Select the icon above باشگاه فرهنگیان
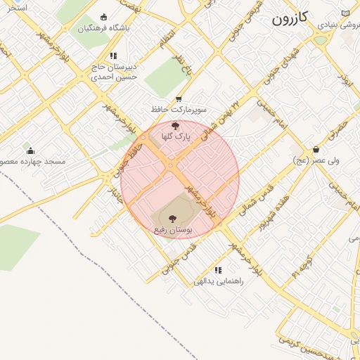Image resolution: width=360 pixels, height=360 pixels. (105, 17)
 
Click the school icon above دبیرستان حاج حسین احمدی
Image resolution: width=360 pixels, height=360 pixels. (112, 56)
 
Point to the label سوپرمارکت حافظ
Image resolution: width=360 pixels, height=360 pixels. (182, 110)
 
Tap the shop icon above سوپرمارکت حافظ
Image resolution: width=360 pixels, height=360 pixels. (179, 99)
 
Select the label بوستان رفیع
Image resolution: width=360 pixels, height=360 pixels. (173, 230)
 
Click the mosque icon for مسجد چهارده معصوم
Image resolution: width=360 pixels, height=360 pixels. (30, 150)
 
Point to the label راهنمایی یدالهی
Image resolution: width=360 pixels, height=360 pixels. (219, 281)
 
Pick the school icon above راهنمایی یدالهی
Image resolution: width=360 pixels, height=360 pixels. (219, 270)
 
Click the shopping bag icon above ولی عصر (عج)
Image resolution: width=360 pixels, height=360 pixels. (316, 149)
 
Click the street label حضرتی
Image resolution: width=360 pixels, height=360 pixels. (338, 129)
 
